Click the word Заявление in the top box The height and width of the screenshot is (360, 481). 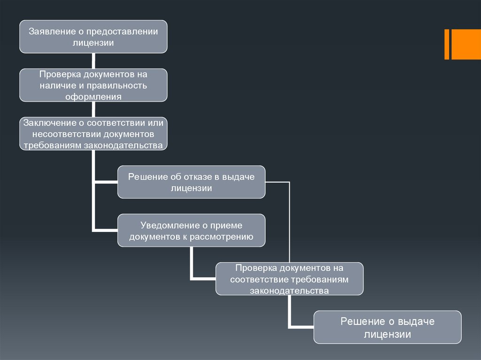(52, 31)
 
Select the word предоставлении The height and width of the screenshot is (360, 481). (122, 32)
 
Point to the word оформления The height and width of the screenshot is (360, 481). (93, 97)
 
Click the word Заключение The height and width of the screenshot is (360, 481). (50, 123)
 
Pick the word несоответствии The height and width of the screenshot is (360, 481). (66, 134)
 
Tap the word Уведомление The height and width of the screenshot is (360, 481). (170, 226)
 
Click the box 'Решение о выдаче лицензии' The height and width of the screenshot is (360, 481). (388, 327)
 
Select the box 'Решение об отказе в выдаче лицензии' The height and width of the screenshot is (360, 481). (192, 182)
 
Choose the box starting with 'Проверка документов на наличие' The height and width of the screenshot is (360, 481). (93, 85)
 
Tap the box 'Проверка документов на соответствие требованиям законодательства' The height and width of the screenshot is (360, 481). (289, 279)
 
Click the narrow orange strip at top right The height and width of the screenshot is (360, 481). (447, 45)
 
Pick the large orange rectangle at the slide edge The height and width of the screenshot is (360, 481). (466, 45)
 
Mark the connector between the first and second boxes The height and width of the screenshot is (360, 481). (93, 61)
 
